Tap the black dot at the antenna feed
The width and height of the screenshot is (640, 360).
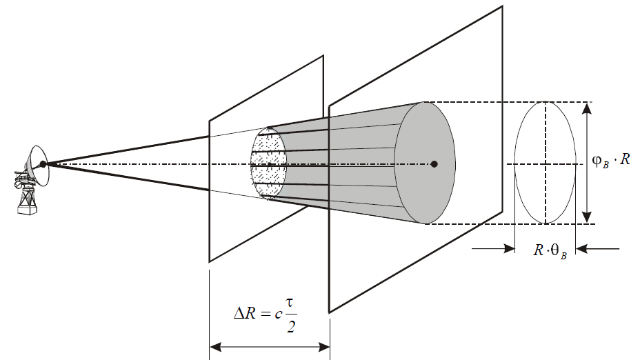coord(43,164)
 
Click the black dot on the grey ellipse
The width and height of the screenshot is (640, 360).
coord(434,164)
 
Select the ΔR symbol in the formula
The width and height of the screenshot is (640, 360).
coord(245,314)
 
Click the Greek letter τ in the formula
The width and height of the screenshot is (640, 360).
coord(290,303)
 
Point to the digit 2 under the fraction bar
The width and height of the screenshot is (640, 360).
coord(291,327)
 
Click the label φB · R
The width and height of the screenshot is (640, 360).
coord(611,160)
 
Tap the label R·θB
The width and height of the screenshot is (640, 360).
coord(550,250)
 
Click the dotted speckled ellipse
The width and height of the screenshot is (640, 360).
coord(268,163)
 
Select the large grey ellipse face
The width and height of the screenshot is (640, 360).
coord(425,163)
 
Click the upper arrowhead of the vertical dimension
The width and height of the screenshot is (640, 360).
coord(586,108)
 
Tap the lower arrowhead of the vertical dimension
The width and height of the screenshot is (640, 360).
coord(586,217)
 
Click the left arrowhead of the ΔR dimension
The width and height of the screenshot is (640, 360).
coord(215,348)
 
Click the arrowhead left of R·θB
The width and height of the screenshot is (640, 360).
coord(509,248)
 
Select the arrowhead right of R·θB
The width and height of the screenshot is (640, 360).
coord(581,248)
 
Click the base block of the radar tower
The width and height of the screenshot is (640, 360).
coord(27,210)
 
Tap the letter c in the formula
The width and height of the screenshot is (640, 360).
coord(279,314)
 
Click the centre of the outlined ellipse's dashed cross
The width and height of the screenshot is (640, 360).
coord(546,164)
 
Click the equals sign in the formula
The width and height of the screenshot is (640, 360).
coord(265,314)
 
